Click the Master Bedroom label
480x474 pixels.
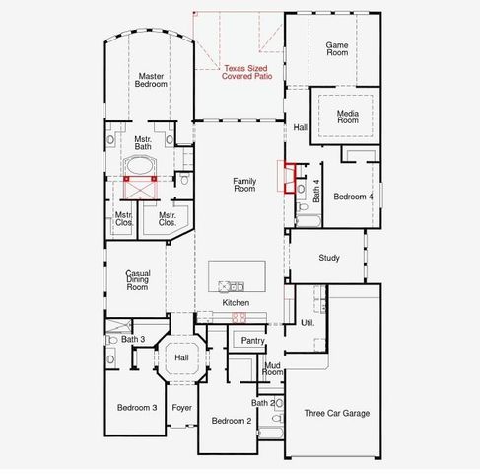click(151, 80)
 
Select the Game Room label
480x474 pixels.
click(338, 49)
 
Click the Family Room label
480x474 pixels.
click(243, 185)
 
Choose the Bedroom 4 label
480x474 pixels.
click(353, 197)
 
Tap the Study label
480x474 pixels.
click(329, 258)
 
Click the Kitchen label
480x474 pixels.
click(236, 302)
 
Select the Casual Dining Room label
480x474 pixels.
click(137, 279)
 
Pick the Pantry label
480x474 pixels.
click(252, 340)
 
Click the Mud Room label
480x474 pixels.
click(273, 370)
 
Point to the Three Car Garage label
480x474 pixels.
click(337, 413)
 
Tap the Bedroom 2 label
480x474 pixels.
click(233, 421)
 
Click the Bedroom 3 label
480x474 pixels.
click(137, 408)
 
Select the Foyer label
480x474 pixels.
click(181, 408)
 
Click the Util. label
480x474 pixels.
click(307, 323)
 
